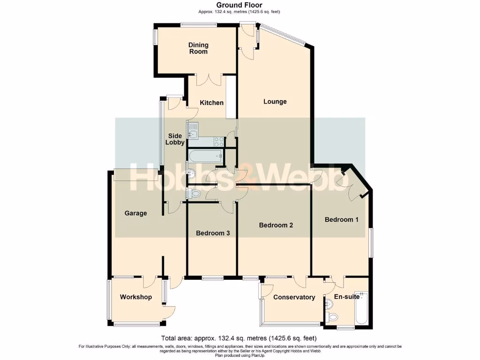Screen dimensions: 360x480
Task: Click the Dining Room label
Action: (198, 48)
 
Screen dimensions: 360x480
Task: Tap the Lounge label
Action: (275, 102)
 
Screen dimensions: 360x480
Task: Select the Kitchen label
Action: (212, 103)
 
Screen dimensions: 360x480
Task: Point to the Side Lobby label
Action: (175, 139)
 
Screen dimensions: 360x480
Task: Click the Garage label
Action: (135, 213)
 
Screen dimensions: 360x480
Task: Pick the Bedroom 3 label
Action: (212, 233)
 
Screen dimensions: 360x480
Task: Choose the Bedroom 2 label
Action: (276, 225)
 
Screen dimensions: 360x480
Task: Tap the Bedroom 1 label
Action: (342, 219)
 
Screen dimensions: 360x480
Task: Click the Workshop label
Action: (135, 297)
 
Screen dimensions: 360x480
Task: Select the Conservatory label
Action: (294, 297)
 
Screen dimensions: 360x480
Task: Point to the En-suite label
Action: (347, 297)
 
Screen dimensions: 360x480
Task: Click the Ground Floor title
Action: (240, 5)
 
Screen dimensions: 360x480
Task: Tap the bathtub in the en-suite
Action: (361, 308)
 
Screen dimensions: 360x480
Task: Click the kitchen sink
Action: (193, 130)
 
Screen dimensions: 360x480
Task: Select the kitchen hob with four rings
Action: (218, 141)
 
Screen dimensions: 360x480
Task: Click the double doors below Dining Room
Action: (209, 80)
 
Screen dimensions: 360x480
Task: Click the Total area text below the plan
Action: (239, 338)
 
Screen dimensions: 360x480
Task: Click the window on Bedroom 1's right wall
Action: (371, 242)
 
